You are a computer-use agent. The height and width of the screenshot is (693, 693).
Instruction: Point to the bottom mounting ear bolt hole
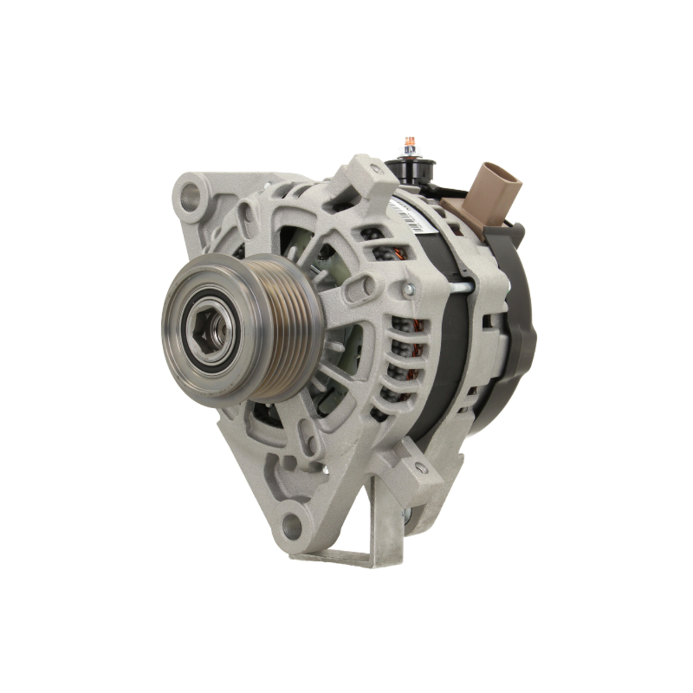(x=292, y=527)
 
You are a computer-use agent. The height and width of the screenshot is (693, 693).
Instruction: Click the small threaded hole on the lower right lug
(x=421, y=468)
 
